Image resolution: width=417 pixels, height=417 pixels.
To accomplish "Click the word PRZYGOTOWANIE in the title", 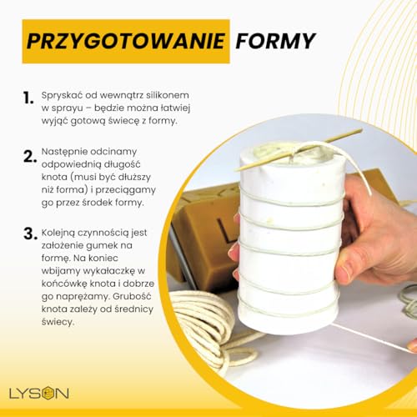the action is (x=126, y=41).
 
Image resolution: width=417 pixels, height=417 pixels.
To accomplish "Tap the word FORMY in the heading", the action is (x=275, y=41).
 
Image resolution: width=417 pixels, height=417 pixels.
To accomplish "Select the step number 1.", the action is (x=28, y=98).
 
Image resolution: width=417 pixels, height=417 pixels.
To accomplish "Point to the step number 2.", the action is (x=30, y=157).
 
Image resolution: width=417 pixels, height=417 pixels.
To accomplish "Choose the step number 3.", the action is (x=30, y=234).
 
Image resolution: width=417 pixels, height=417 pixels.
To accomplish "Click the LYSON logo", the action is (x=39, y=393).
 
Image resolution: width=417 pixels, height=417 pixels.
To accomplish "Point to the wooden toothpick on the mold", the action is (x=299, y=149).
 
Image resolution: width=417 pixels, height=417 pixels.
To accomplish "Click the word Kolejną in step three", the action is (x=58, y=233).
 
